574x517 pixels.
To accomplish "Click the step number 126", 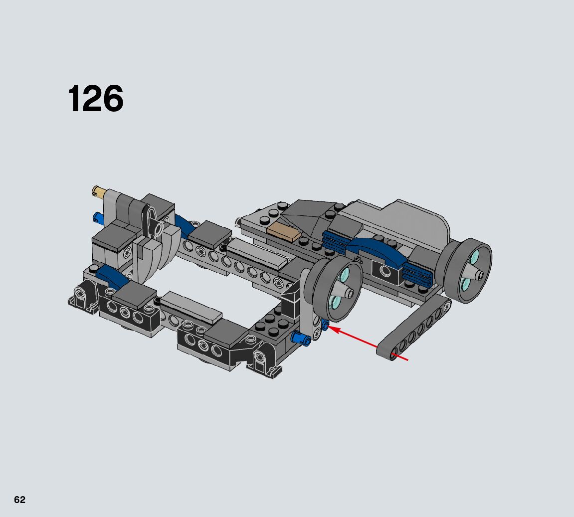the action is (x=96, y=98).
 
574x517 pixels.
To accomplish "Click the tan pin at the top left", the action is (x=99, y=191).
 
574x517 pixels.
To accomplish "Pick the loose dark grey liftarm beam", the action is (x=414, y=327).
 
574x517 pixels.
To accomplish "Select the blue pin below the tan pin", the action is (x=98, y=218).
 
